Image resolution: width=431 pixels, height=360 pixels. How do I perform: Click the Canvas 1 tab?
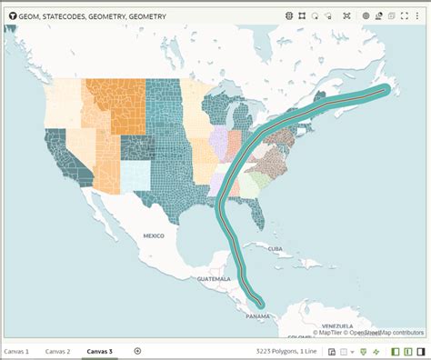[x=16, y=351]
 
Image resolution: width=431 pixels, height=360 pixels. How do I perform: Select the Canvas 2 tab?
[x=57, y=351]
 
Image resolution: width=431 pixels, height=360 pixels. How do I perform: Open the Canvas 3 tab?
[x=99, y=351]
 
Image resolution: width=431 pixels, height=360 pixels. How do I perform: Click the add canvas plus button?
[x=137, y=351]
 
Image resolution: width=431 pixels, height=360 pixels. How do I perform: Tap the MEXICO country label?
[x=153, y=235]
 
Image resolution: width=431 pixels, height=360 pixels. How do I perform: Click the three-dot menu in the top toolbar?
[x=418, y=15]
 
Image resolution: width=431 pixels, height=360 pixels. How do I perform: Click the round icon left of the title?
[x=13, y=15]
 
